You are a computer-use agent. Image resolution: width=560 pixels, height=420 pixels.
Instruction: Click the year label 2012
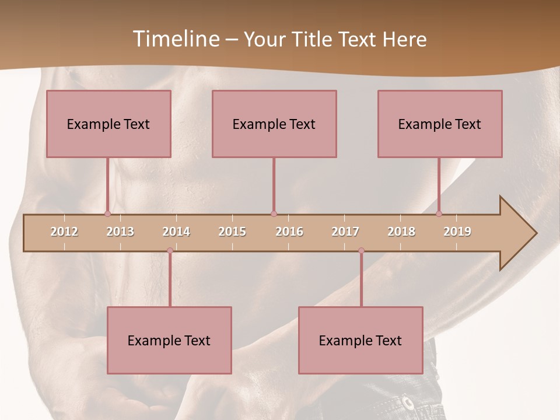pos(64,232)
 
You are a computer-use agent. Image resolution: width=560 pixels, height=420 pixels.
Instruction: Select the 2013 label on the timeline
pos(120,232)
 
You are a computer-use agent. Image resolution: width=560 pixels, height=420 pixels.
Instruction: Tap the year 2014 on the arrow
pos(176,232)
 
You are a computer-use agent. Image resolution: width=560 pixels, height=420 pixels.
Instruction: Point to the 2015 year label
pos(232,232)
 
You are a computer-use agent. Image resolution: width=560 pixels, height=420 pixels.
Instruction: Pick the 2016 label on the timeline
pos(289,232)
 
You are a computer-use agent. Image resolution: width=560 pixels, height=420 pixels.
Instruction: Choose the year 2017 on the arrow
pos(345,232)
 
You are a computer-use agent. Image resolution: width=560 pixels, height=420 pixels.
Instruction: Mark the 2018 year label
pos(401,232)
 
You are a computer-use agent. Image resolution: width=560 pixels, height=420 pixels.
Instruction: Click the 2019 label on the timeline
pos(457,232)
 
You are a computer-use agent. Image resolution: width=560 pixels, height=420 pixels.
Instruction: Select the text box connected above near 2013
pos(108,124)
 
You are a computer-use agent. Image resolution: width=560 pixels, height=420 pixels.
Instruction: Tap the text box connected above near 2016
pos(274,124)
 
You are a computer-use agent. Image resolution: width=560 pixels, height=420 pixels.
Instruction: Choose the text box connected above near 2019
pos(440,124)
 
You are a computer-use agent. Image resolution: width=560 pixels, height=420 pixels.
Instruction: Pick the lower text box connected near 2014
pos(169,340)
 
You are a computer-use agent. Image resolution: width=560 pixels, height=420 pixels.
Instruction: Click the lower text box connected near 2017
pos(360,340)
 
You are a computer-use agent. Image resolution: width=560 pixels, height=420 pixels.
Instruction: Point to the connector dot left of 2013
pos(107,214)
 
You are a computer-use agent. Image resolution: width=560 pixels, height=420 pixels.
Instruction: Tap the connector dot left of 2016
pos(274,214)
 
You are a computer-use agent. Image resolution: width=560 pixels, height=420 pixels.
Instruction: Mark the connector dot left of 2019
pos(439,214)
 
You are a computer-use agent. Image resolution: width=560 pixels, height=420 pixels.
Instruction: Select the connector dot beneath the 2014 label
pos(170,251)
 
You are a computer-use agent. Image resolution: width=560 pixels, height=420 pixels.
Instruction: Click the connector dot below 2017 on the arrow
pos(361,251)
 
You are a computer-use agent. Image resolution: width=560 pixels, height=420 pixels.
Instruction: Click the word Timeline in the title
pos(175,39)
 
